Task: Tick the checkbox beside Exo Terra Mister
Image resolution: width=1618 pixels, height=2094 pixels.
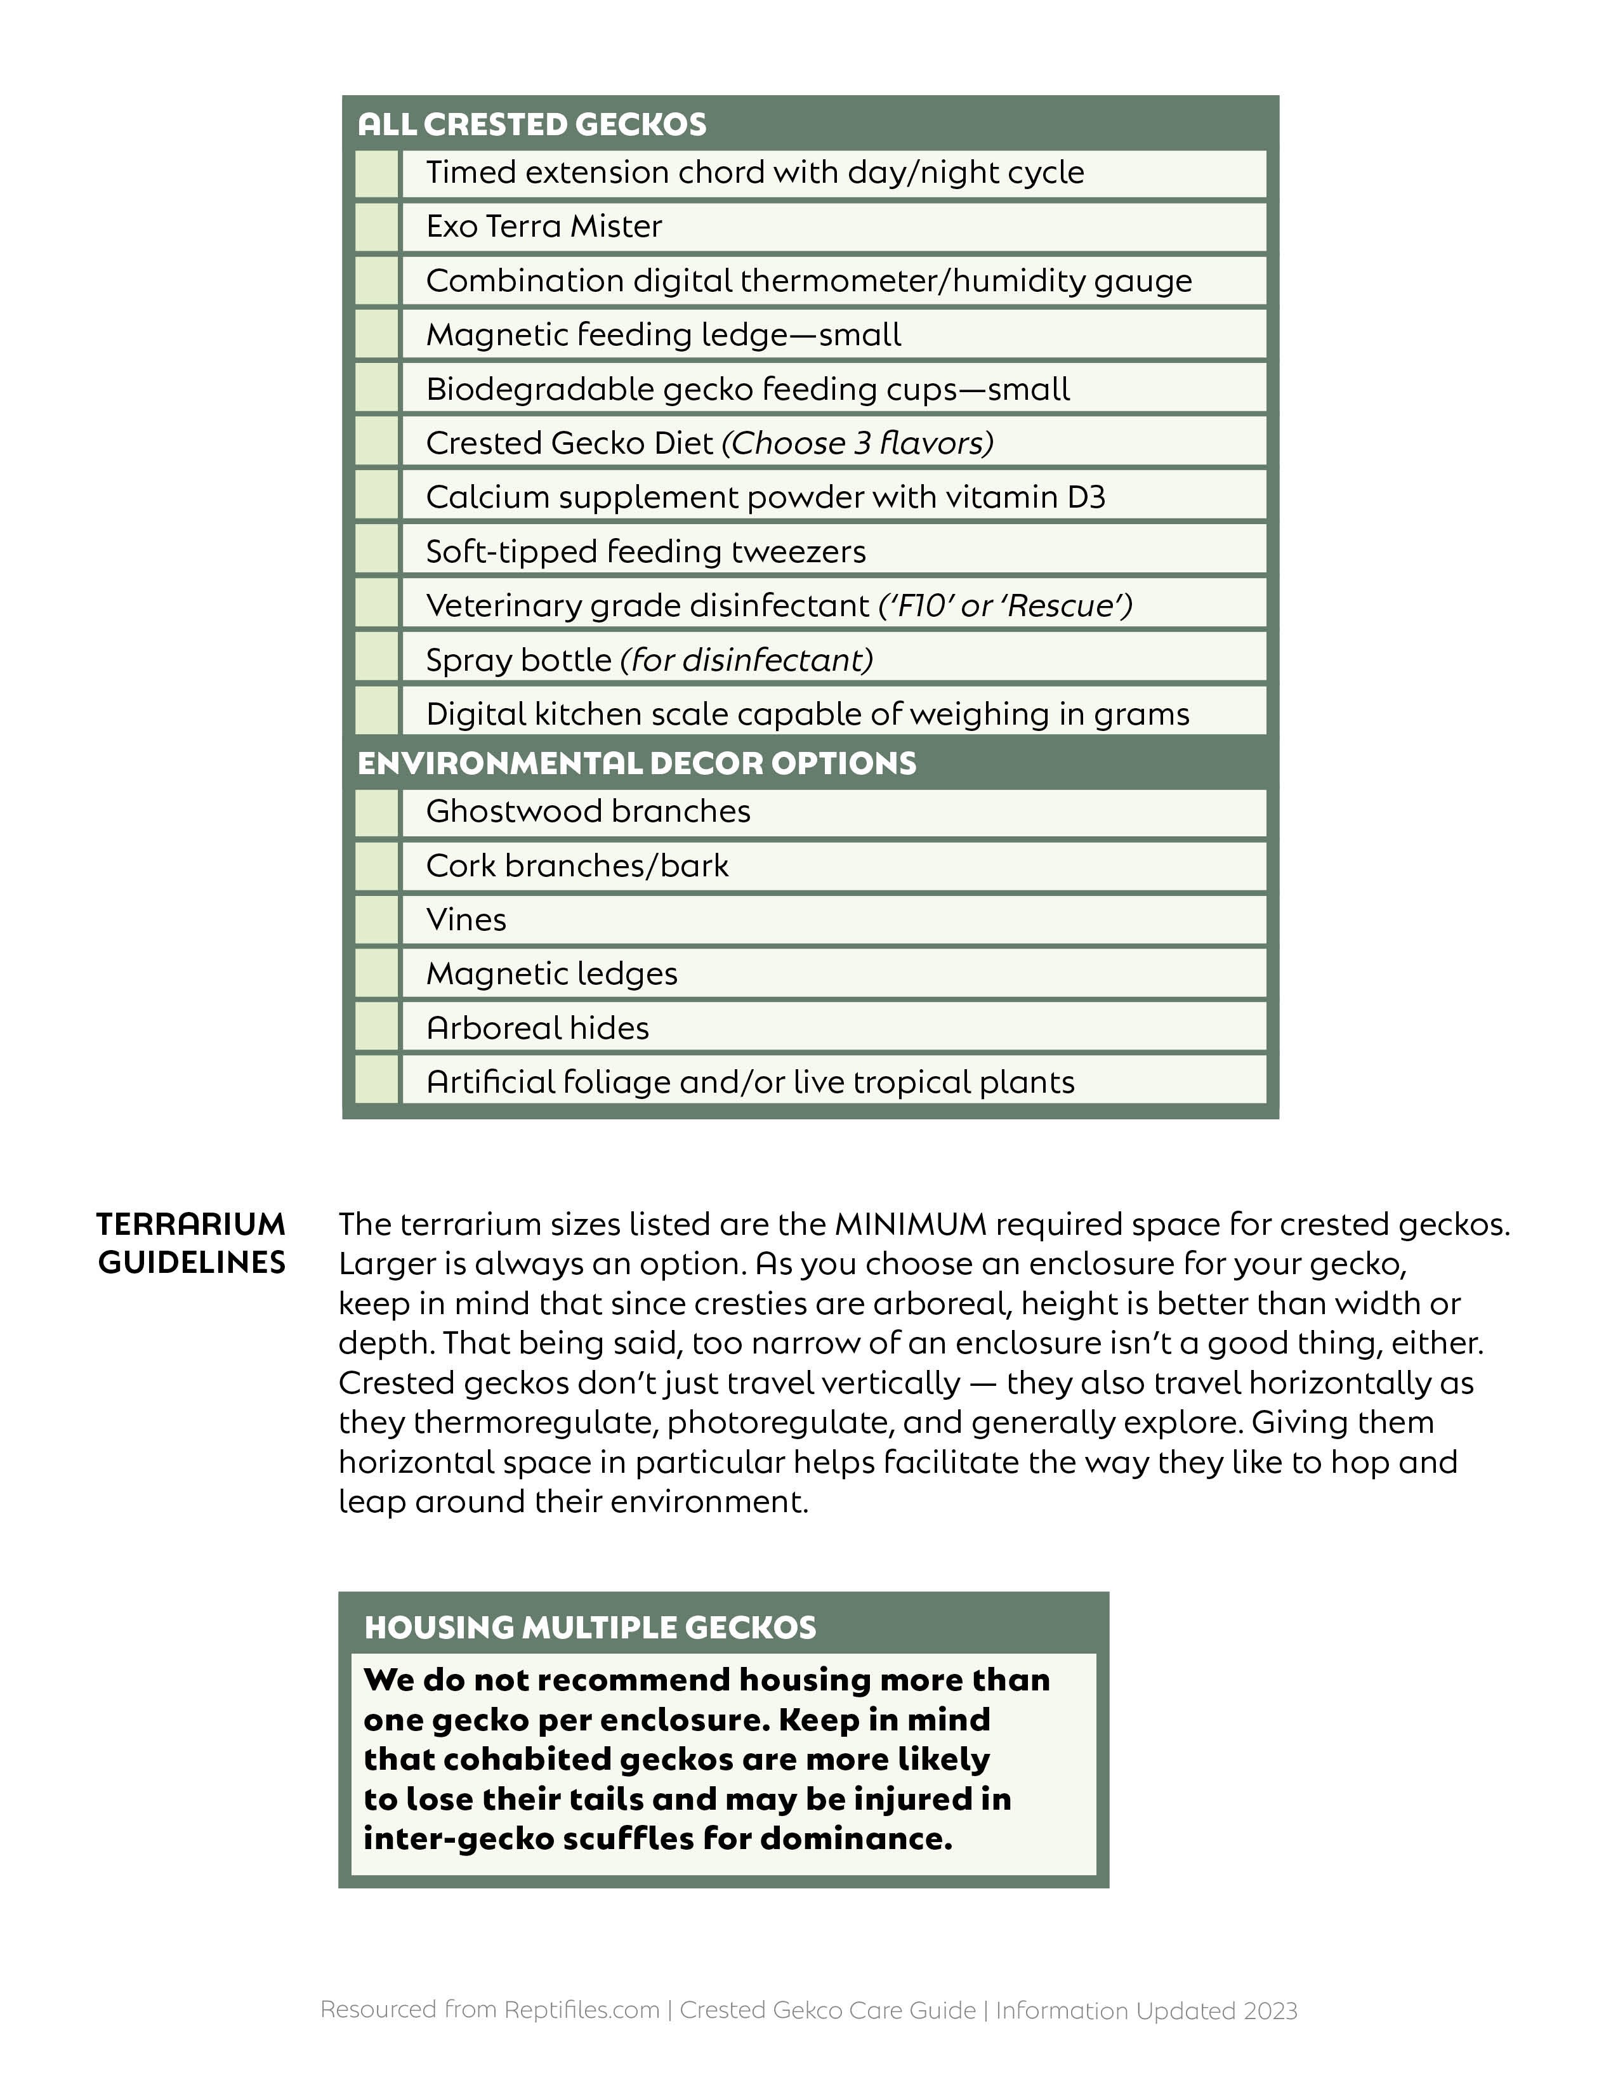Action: [x=377, y=227]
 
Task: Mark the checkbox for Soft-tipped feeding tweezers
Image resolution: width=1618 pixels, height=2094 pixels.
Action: [x=377, y=552]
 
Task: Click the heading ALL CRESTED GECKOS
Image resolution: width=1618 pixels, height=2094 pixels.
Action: [x=532, y=124]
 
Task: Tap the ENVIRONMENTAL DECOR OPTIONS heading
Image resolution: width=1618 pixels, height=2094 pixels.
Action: [x=636, y=763]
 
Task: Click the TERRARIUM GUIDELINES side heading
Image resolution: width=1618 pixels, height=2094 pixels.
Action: [x=192, y=1244]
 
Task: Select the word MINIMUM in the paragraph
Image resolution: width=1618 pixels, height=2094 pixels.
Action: [x=911, y=1225]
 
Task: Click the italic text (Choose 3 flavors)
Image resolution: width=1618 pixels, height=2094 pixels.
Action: [x=858, y=443]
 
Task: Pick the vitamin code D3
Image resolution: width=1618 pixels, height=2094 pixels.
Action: [x=1086, y=497]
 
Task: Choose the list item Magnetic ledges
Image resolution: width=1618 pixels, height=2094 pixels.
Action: [x=552, y=974]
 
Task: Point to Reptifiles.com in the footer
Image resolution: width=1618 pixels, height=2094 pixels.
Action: [x=582, y=2010]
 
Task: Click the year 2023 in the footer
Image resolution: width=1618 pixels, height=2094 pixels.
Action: [x=1270, y=2011]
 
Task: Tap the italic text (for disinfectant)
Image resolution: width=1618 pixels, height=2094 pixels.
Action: [x=747, y=661]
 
